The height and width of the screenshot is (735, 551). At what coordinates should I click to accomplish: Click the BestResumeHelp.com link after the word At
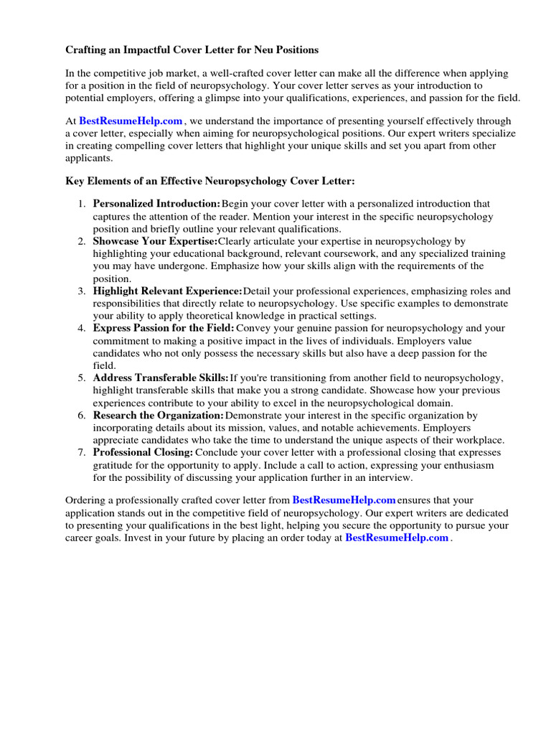[x=131, y=121]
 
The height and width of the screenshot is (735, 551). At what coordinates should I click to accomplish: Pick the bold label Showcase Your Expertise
[x=155, y=241]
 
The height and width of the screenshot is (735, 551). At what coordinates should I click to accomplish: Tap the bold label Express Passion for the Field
[x=164, y=328]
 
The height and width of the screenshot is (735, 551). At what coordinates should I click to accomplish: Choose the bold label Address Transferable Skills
[x=161, y=378]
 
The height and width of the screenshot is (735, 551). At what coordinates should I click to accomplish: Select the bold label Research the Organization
[x=159, y=416]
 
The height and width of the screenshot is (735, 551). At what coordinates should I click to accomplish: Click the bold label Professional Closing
[x=143, y=453]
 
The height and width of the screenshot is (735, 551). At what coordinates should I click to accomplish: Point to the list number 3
[x=81, y=291]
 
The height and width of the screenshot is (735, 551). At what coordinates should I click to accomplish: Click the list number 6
[x=81, y=416]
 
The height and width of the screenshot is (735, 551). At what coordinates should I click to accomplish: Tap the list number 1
[x=81, y=204]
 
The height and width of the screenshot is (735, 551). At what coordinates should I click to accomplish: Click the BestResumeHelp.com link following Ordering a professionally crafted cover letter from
[x=344, y=500]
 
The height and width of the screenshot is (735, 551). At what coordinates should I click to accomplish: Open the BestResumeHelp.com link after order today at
[x=397, y=538]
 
